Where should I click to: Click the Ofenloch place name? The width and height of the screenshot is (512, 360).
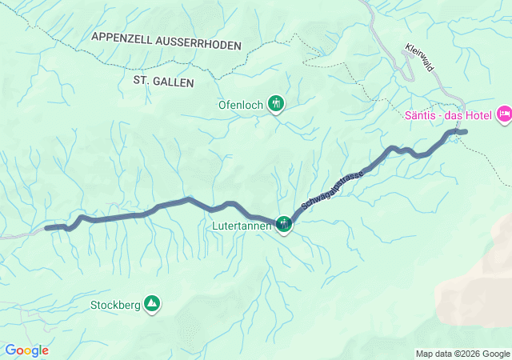pyautogui.click(x=242, y=104)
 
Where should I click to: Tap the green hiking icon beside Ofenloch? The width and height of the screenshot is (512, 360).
pyautogui.click(x=276, y=103)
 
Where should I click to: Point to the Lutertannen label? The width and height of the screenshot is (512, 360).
pyautogui.click(x=242, y=226)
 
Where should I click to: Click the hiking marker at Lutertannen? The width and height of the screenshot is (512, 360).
pyautogui.click(x=284, y=224)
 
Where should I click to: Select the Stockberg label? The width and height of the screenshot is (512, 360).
pyautogui.click(x=115, y=305)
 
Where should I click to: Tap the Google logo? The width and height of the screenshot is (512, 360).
pyautogui.click(x=26, y=350)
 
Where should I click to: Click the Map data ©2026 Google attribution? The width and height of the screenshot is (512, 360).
pyautogui.click(x=462, y=354)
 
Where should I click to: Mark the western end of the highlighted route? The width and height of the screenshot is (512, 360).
pyautogui.click(x=47, y=228)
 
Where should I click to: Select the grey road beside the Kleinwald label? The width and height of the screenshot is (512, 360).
pyautogui.click(x=405, y=64)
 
